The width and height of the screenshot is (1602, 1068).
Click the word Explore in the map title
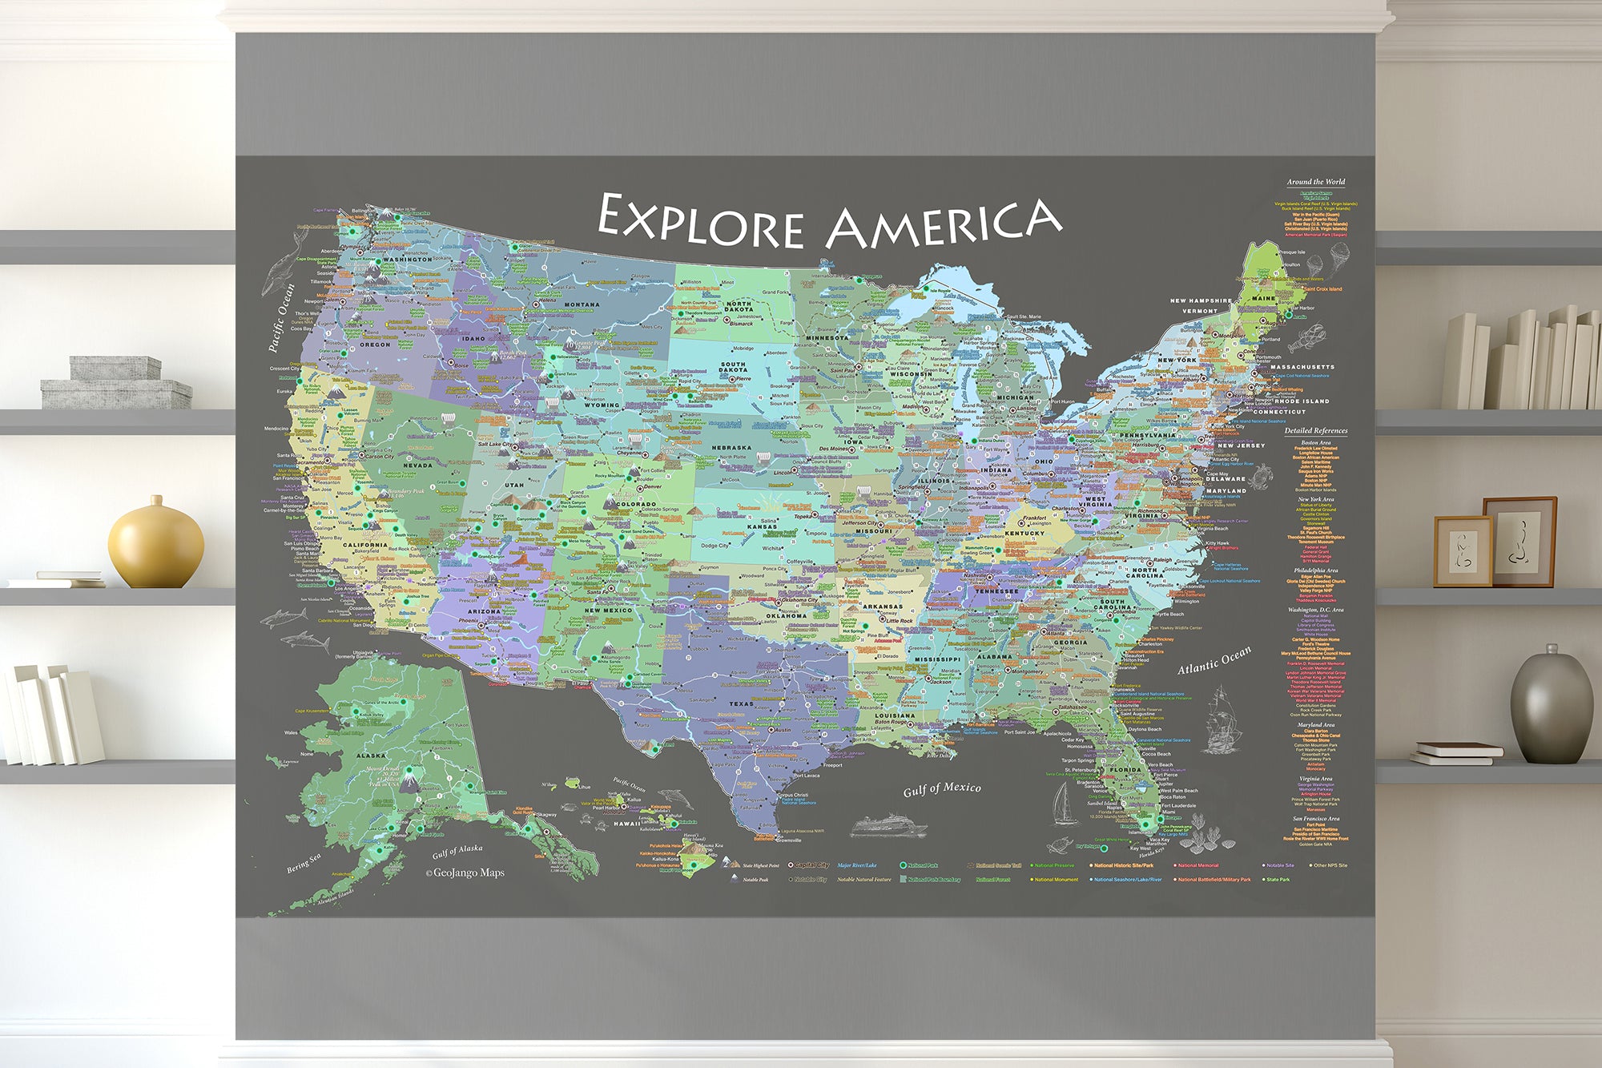[700, 221]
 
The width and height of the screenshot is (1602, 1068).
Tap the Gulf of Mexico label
[941, 789]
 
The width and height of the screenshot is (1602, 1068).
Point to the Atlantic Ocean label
[1214, 661]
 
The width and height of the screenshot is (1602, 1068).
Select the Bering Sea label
[304, 863]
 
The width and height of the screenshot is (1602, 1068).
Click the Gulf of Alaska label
[457, 851]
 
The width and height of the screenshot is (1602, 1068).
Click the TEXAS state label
[740, 704]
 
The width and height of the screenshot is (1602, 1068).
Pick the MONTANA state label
[582, 304]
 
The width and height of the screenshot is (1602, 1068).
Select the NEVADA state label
[417, 465]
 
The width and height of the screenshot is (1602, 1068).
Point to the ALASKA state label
[371, 755]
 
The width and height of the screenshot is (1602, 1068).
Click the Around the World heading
[1316, 182]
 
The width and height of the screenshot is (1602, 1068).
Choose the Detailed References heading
[1316, 430]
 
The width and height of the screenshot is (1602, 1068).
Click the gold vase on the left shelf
[156, 542]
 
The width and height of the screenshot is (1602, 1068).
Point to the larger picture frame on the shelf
[1519, 541]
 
